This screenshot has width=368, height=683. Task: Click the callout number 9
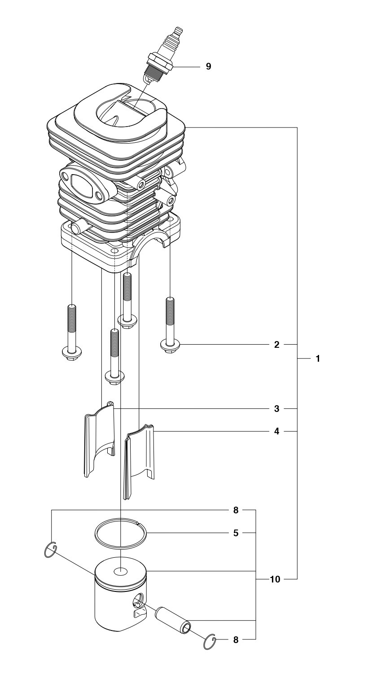[x=208, y=66]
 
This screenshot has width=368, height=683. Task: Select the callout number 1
[x=318, y=359]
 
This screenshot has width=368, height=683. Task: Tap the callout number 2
[x=276, y=345]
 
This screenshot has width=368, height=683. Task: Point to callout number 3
[x=276, y=409]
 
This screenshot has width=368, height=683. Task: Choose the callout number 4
[x=276, y=431]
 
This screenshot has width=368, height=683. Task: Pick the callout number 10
[x=275, y=579]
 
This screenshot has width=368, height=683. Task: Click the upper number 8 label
[x=236, y=510]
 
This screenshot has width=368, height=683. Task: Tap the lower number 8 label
[x=236, y=640]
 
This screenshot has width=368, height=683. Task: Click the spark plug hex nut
[x=160, y=62]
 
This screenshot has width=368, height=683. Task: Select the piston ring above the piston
[x=121, y=534]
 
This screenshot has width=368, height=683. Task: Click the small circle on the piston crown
[x=121, y=571]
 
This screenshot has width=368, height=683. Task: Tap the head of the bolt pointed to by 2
[x=170, y=346]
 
